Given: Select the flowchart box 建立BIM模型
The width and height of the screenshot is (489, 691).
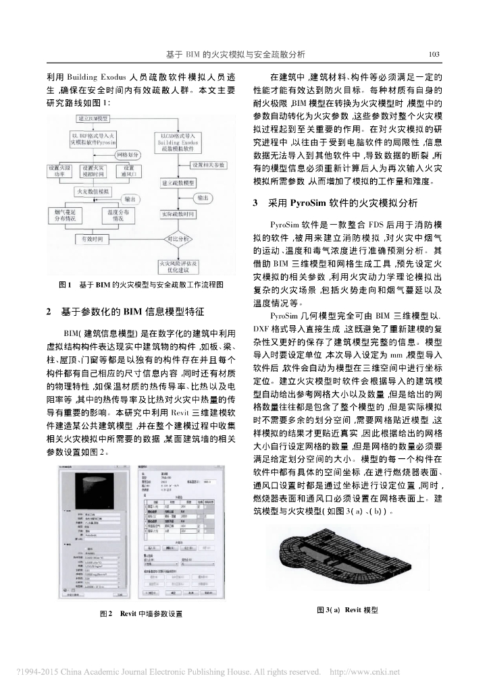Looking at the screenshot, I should [x=90, y=119].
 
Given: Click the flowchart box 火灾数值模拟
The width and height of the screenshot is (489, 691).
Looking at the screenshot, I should [x=95, y=192].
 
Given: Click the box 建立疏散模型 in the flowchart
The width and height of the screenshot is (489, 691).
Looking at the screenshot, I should [x=178, y=183].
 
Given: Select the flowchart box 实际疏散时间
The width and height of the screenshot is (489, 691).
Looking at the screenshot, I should [x=178, y=214].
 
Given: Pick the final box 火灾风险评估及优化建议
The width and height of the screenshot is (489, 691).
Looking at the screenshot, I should [x=178, y=267].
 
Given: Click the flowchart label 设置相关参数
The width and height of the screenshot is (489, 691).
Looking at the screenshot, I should [x=210, y=165].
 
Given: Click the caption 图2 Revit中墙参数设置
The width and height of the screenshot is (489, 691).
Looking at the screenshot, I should [x=140, y=614].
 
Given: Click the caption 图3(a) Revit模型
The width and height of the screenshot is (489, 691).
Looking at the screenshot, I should [x=346, y=610].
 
